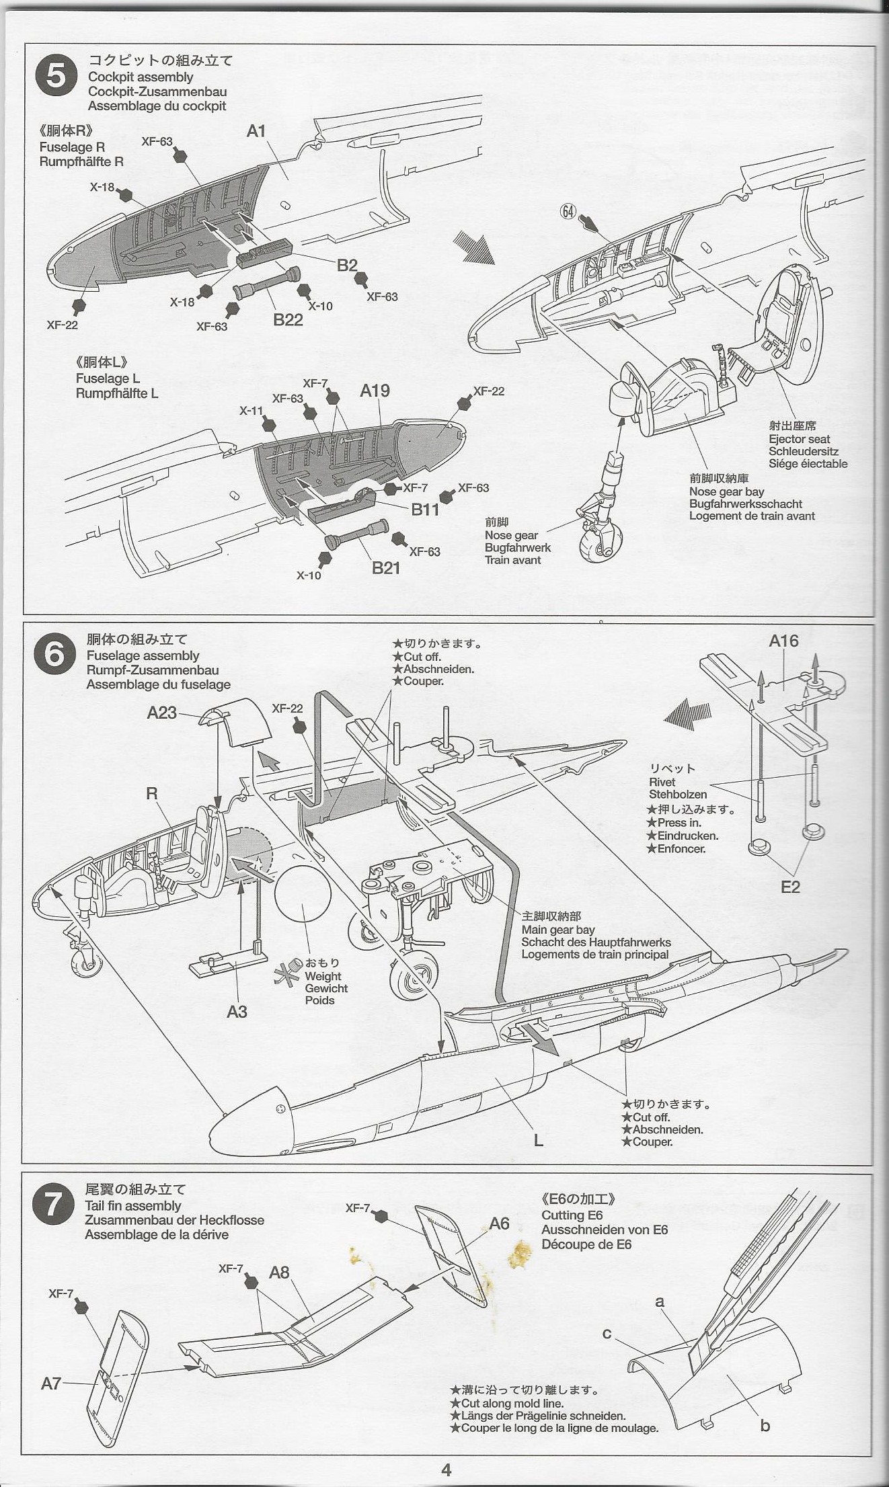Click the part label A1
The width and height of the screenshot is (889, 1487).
256,131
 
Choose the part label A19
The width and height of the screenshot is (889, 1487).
375,391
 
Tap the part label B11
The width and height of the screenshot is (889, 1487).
425,510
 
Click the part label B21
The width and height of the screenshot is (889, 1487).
386,568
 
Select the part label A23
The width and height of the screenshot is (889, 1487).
162,713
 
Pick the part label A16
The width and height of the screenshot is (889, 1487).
783,641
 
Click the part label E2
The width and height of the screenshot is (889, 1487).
790,887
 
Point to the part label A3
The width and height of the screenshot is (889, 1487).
237,1012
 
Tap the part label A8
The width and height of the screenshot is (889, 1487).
279,1273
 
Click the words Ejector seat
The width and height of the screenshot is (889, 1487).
800,439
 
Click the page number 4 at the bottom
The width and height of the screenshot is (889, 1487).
446,1470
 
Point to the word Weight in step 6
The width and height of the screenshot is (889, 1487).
323,976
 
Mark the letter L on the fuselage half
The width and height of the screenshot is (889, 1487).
538,1140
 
